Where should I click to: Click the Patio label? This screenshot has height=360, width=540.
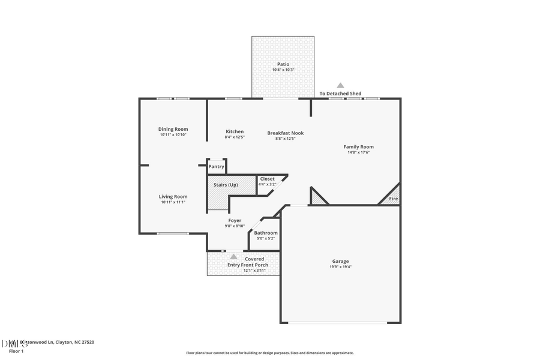[283, 64]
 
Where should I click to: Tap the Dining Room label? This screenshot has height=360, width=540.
[173, 129]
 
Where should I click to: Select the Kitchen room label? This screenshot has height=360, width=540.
[235, 131]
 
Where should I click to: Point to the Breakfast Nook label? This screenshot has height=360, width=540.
[285, 133]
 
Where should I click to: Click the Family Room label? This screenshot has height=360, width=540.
[358, 146]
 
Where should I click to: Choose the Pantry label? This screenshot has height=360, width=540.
[216, 166]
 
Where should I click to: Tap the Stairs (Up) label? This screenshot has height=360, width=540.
[226, 184]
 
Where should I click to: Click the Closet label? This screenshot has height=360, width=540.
[267, 179]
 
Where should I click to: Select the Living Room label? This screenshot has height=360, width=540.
[173, 196]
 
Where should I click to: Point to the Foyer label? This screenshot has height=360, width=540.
[235, 220]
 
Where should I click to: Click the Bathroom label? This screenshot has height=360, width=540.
[265, 233]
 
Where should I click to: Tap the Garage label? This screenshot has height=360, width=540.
[340, 261]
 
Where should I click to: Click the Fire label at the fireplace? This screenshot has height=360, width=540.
[394, 199]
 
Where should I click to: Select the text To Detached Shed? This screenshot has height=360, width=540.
[340, 94]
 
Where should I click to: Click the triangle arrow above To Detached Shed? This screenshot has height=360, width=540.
[340, 85]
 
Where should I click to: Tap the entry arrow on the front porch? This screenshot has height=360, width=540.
[233, 256]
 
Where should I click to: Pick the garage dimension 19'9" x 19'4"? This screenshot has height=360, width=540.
[340, 267]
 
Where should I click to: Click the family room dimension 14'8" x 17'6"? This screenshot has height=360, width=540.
[358, 152]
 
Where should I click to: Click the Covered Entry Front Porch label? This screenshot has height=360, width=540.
[247, 262]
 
